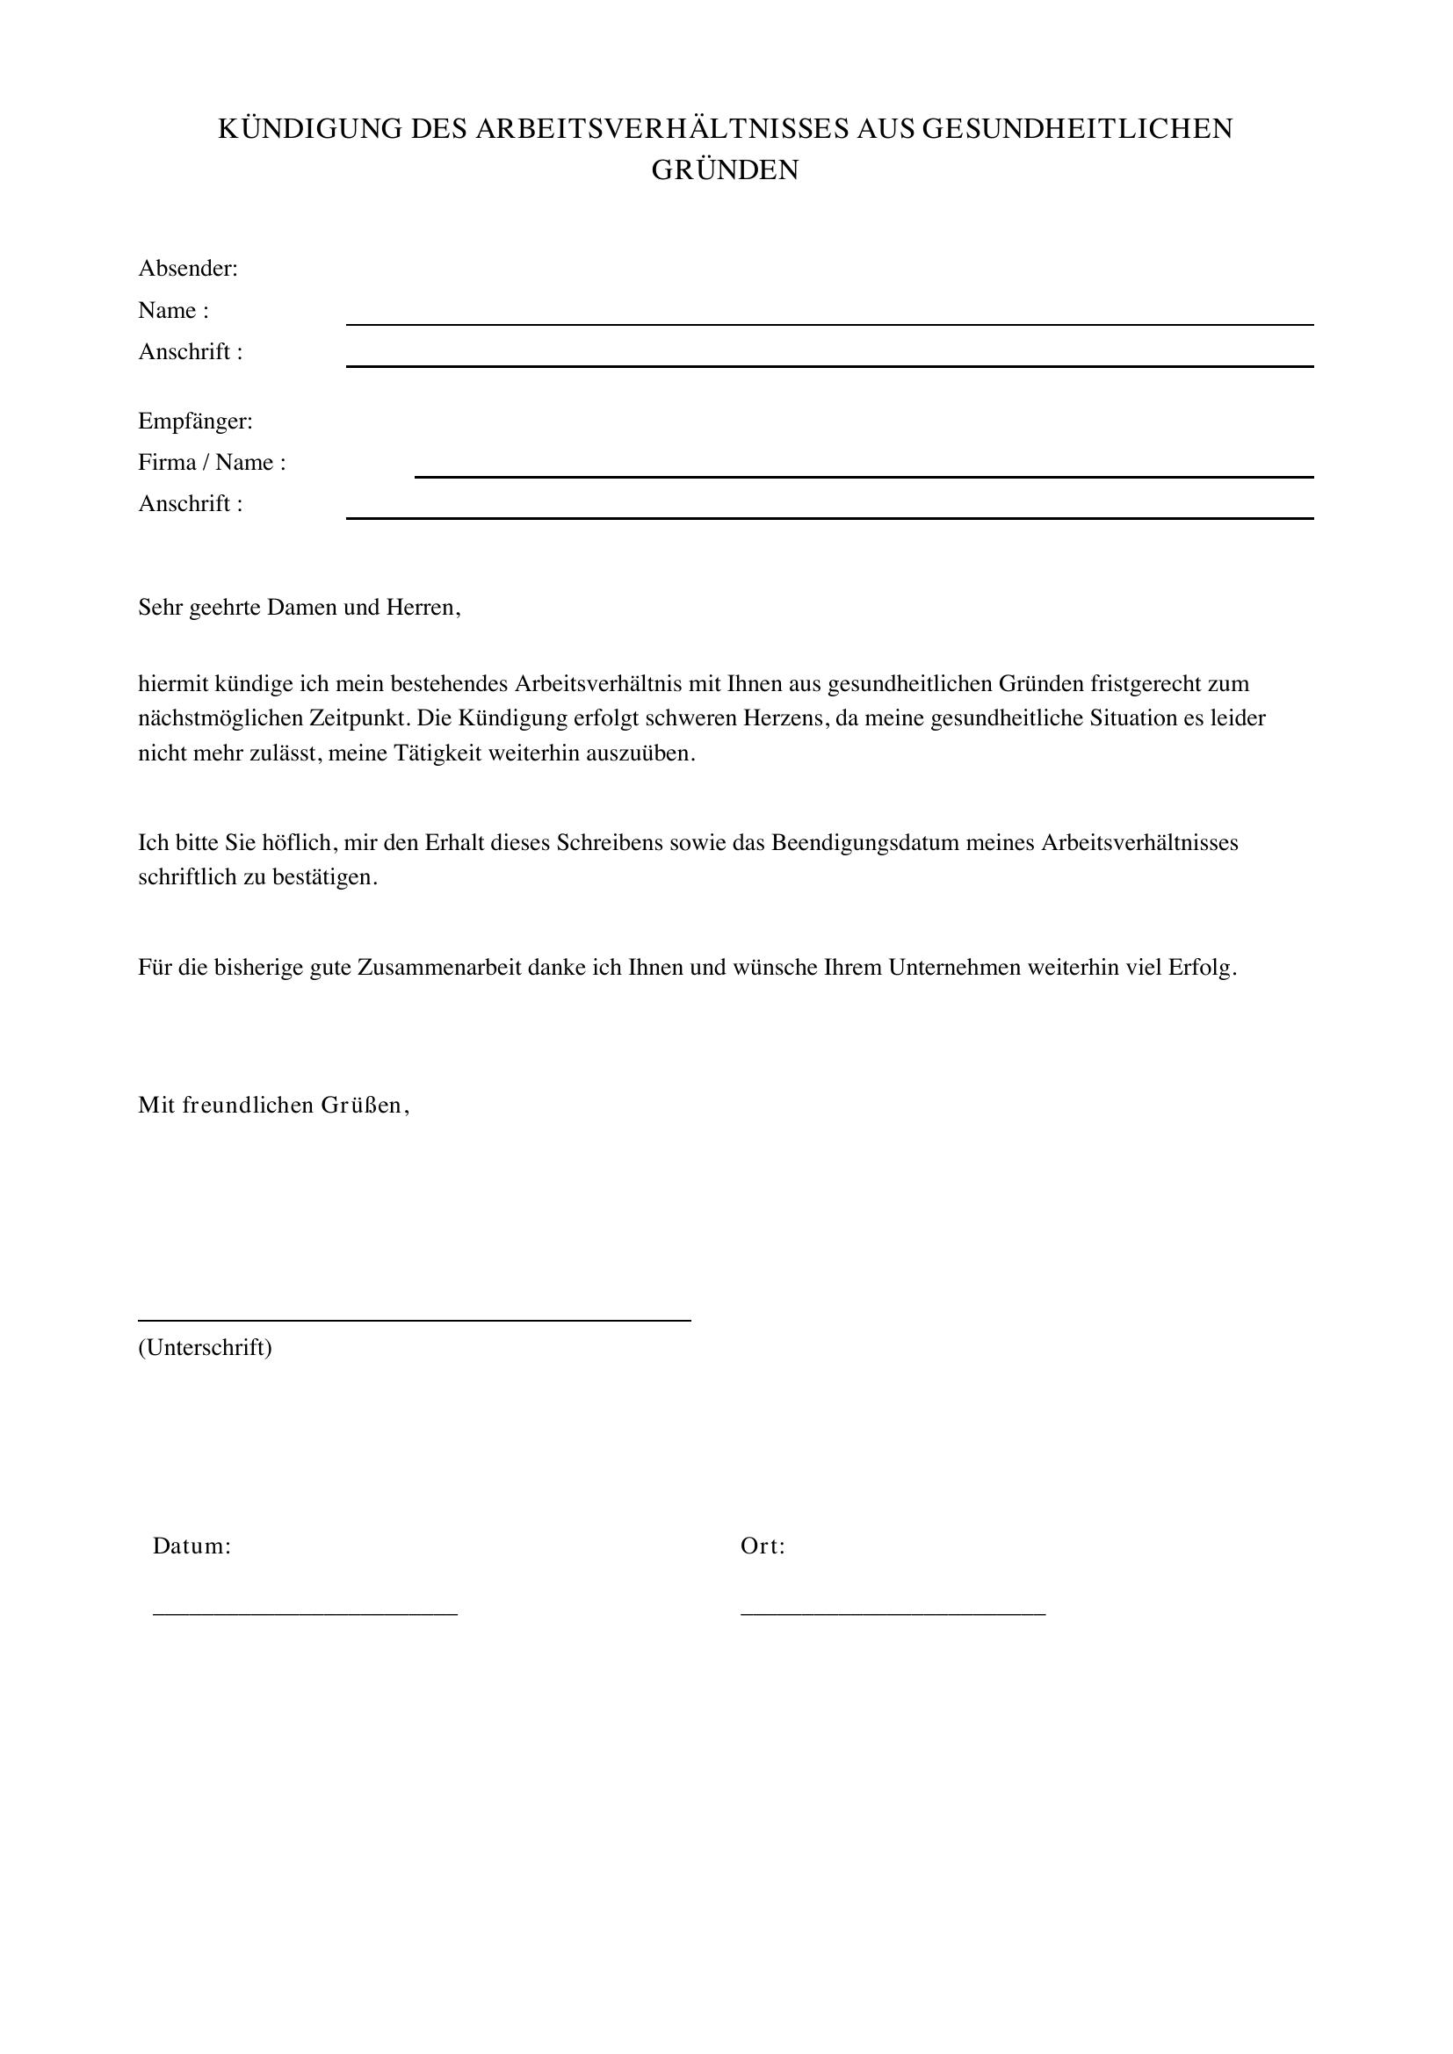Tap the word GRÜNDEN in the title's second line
pos(725,171)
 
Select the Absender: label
pos(188,269)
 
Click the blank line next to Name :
pos(829,323)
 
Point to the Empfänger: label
pos(195,421)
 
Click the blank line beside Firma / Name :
pos(864,476)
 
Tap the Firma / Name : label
pos(212,463)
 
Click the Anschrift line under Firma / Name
pos(829,517)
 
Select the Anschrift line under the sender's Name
pos(829,365)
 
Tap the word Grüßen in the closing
pos(373,1106)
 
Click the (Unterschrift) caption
pos(205,1347)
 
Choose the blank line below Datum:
pos(305,1612)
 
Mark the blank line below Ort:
pos(893,1612)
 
